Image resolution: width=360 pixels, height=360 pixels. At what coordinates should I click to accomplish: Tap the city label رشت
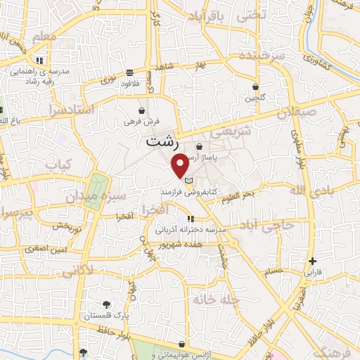[x=163, y=141]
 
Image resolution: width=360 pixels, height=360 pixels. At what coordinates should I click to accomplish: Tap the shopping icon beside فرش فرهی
[x=142, y=111]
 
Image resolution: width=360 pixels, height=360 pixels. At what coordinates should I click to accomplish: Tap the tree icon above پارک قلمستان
[x=106, y=304]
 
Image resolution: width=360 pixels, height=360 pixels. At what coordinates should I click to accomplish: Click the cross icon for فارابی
[x=313, y=261]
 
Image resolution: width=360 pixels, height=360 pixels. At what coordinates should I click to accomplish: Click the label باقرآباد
[x=210, y=15]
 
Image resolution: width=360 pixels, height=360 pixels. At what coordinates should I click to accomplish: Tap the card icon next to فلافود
[x=130, y=72]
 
